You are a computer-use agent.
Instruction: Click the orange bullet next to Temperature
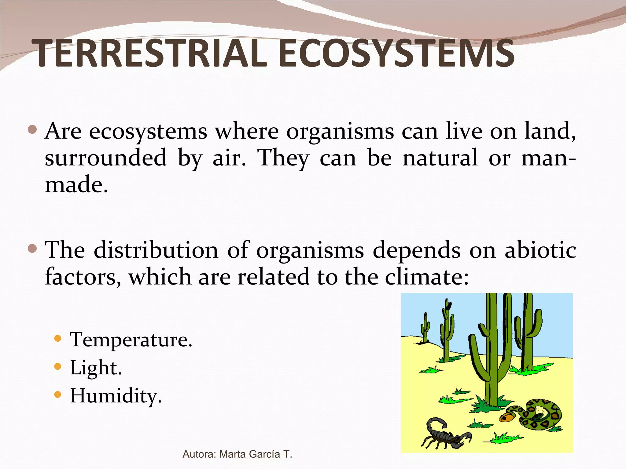pos(57,338)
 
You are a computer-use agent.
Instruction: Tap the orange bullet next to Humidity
pos(57,394)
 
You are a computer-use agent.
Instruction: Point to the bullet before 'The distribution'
pos(32,249)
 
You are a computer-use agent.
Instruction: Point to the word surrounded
pos(105,158)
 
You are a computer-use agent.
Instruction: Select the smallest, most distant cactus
pos(425,328)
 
